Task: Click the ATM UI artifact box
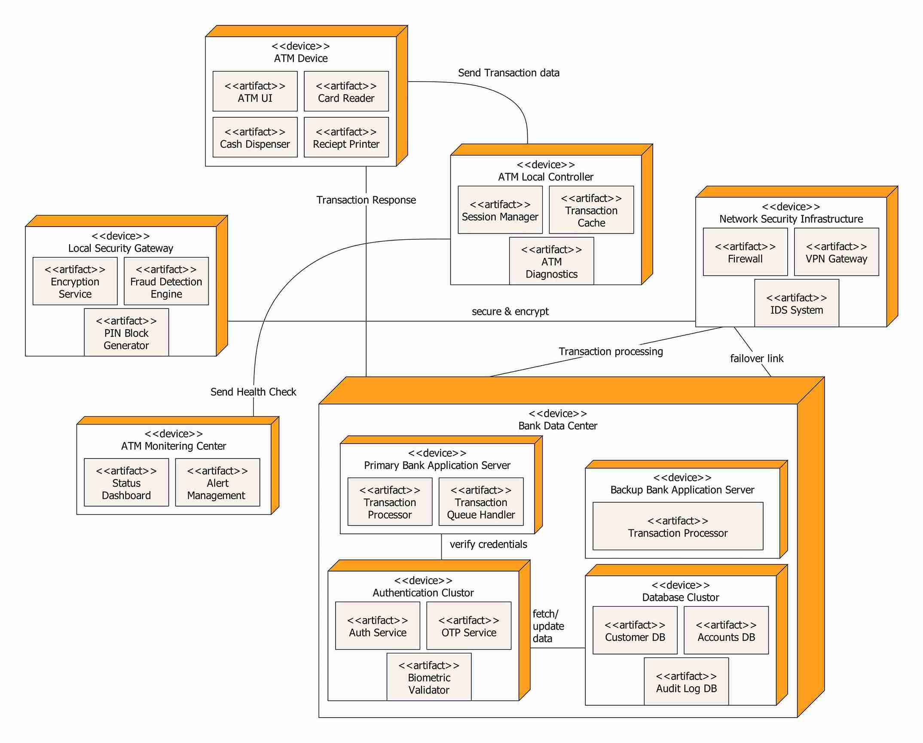click(x=255, y=92)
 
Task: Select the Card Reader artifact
click(x=346, y=92)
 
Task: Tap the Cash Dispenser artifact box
click(x=255, y=138)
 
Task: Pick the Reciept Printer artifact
click(x=346, y=138)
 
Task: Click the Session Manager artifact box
click(x=500, y=210)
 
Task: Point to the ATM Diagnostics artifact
click(x=551, y=261)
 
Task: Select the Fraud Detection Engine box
click(x=166, y=281)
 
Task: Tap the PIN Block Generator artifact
click(x=126, y=333)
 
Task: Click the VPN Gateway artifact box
click(x=836, y=252)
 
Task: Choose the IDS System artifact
click(x=796, y=303)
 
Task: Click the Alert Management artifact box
click(x=217, y=483)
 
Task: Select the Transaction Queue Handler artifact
click(x=480, y=502)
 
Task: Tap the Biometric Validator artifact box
click(x=428, y=677)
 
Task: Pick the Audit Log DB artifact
click(x=686, y=682)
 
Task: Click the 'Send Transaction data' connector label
click(x=508, y=73)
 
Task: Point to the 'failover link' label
click(x=756, y=358)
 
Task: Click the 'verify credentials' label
click(x=488, y=544)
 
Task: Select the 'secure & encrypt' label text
click(x=510, y=312)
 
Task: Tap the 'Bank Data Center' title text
click(x=557, y=426)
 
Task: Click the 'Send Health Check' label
click(x=253, y=392)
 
